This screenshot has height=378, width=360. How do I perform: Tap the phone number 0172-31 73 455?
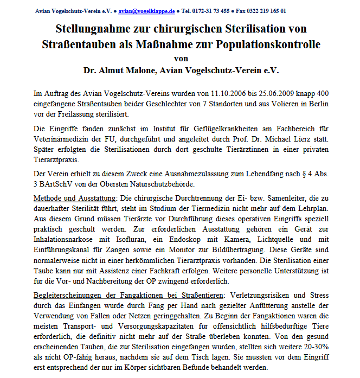[218, 10]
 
